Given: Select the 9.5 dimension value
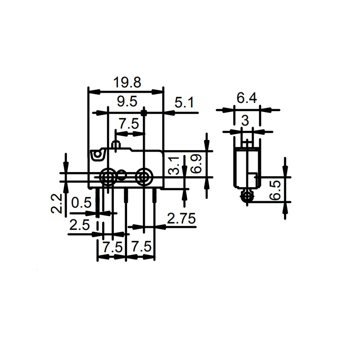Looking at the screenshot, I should (127, 102).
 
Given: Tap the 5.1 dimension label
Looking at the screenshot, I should (184, 103).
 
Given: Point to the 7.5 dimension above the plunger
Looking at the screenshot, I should (129, 124).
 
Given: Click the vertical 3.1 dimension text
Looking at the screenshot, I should (174, 165).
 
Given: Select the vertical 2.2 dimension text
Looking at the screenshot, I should (56, 203).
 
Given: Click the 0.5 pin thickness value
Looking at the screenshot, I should (81, 203).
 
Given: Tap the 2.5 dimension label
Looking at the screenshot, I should (79, 225).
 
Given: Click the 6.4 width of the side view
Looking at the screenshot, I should (247, 98).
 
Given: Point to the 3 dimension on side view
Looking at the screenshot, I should (245, 121).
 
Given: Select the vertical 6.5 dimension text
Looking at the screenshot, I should (275, 190).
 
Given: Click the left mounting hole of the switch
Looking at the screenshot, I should (108, 177).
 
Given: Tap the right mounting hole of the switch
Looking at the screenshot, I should (144, 177).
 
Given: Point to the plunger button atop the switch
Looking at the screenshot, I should (116, 145).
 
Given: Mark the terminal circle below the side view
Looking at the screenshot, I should (247, 196).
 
